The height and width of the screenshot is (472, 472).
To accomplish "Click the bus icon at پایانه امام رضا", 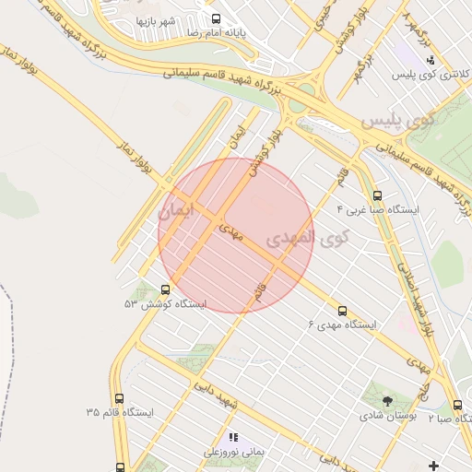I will coord(216,18).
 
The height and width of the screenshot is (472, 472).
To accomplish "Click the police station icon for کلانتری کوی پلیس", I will coord(429,60).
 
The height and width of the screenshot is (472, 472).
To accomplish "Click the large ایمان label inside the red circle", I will coord(176,210).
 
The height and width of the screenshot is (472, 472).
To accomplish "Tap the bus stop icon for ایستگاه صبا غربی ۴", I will coord(377,195).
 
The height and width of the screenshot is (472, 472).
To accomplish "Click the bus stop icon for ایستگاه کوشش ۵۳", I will coord(165,289).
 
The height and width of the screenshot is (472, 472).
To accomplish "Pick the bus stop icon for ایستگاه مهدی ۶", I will coord(343,311).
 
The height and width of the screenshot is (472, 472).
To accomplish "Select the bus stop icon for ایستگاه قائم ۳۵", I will coord(119,399).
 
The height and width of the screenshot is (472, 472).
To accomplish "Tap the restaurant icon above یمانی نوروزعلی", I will coord(233,437).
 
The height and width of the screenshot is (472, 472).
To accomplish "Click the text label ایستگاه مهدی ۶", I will coord(343,325).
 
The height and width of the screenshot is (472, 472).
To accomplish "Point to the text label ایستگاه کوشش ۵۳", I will coord(166,303).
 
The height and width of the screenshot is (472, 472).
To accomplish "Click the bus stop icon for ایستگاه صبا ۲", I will coord(457,405).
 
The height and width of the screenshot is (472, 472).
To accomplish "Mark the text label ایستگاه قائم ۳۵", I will coord(119,413).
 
